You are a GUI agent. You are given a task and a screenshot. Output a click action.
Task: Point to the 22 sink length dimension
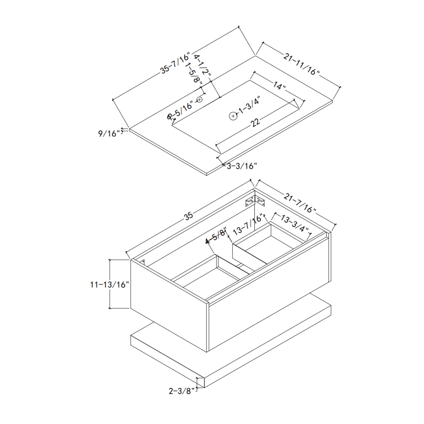(x=255, y=122)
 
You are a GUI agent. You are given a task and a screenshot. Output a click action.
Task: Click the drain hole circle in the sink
(x=233, y=116)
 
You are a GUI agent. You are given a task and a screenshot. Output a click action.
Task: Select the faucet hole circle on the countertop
(x=199, y=99)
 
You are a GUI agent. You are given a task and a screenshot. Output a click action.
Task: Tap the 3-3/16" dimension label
(x=242, y=166)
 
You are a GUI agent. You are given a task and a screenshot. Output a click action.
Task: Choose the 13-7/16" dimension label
(x=248, y=225)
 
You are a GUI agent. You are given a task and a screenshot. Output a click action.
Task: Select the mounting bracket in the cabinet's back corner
(x=255, y=201)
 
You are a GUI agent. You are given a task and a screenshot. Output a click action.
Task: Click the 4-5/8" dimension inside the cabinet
(x=217, y=237)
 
